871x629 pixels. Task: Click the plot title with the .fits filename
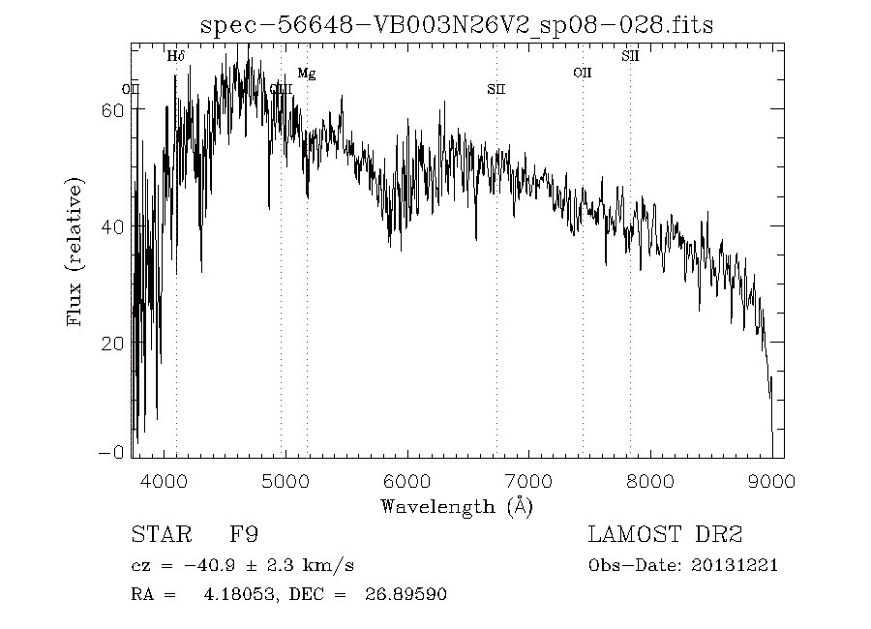456,26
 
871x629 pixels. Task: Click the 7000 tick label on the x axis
528,481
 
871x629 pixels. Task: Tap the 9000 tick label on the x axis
771,481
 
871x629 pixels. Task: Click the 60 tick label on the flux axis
111,110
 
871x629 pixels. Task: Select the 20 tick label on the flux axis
111,344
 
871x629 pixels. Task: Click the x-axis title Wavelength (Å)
457,506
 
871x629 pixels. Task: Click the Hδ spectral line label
175,56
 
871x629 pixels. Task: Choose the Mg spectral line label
306,74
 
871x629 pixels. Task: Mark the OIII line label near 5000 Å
281,89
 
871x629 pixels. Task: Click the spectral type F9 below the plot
243,535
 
